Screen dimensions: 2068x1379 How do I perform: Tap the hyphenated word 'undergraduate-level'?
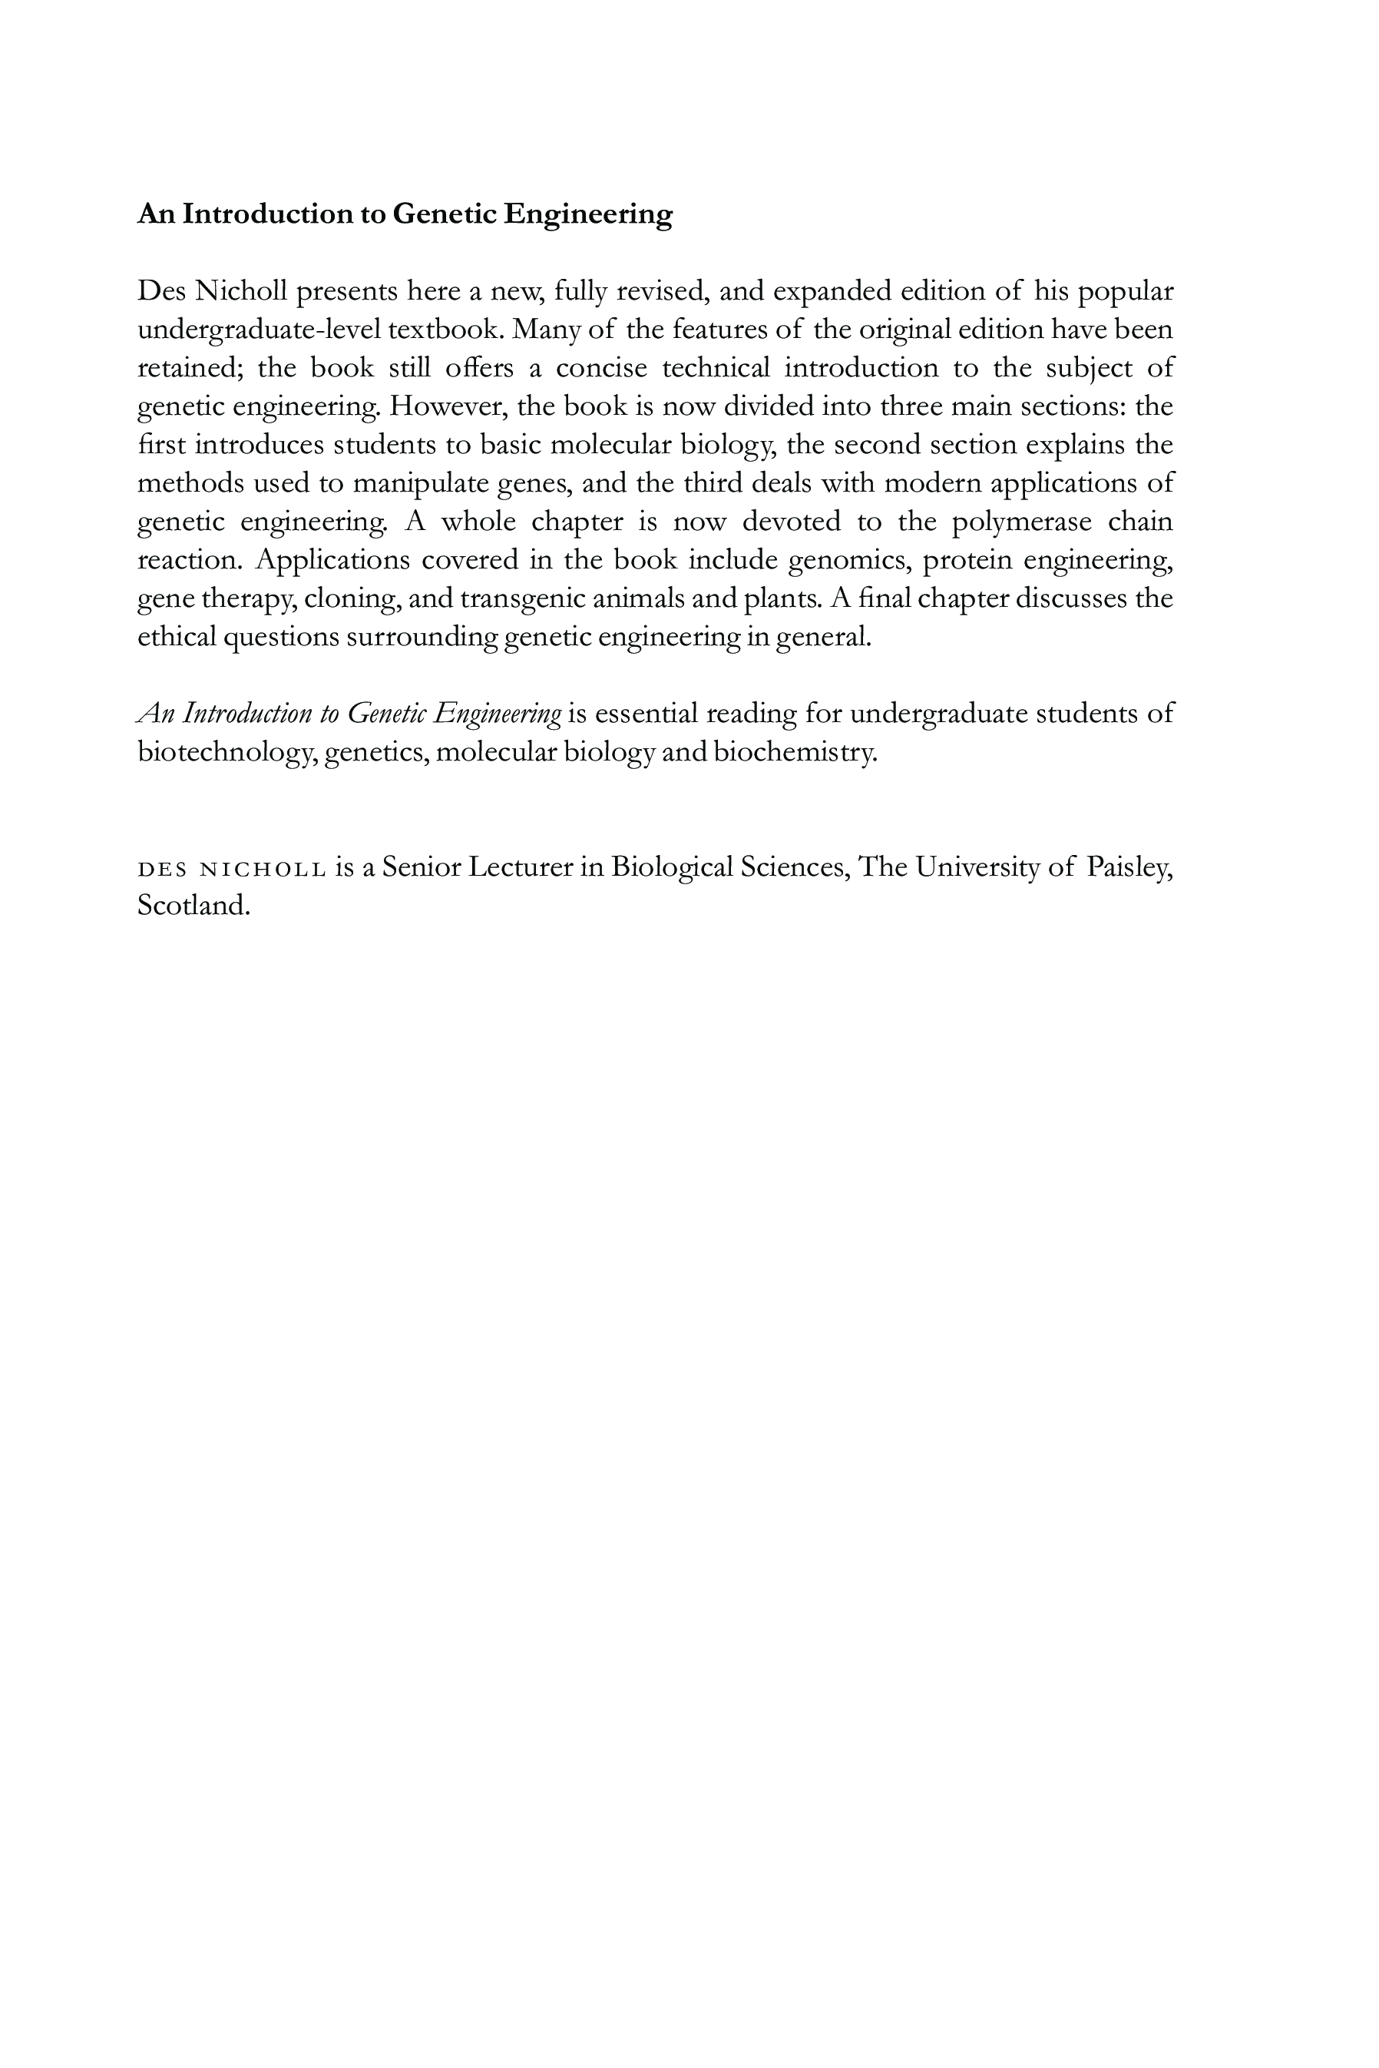pos(260,330)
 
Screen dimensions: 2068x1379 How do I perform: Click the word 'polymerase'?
pos(1022,522)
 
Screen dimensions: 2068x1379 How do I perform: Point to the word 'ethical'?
pos(177,636)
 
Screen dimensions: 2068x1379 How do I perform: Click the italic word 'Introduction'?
pos(247,714)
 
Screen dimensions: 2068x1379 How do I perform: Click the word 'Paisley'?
pos(1129,867)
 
